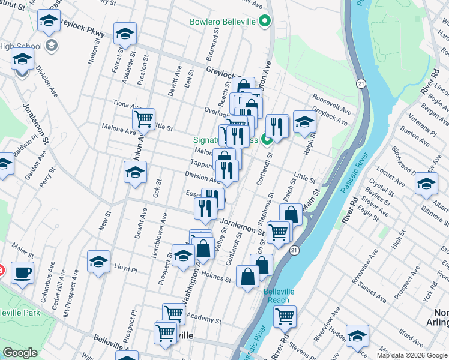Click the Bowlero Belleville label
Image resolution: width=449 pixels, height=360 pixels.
pyautogui.click(x=223, y=23)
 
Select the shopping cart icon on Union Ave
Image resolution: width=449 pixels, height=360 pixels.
pyautogui.click(x=143, y=119)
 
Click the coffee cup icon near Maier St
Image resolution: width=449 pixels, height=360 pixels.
pyautogui.click(x=23, y=272)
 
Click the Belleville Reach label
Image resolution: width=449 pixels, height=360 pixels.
pyautogui.click(x=277, y=296)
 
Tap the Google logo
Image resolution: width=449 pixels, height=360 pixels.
pyautogui.click(x=20, y=353)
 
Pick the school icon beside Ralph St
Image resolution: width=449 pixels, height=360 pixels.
pyautogui.click(x=305, y=122)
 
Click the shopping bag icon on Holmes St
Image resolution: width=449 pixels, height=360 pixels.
pyautogui.click(x=248, y=277)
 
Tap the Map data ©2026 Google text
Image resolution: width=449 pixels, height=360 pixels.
pyautogui.click(x=412, y=355)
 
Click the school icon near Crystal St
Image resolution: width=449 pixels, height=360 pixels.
pyautogui.click(x=426, y=184)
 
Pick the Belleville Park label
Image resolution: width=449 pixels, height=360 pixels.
pyautogui.click(x=20, y=313)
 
